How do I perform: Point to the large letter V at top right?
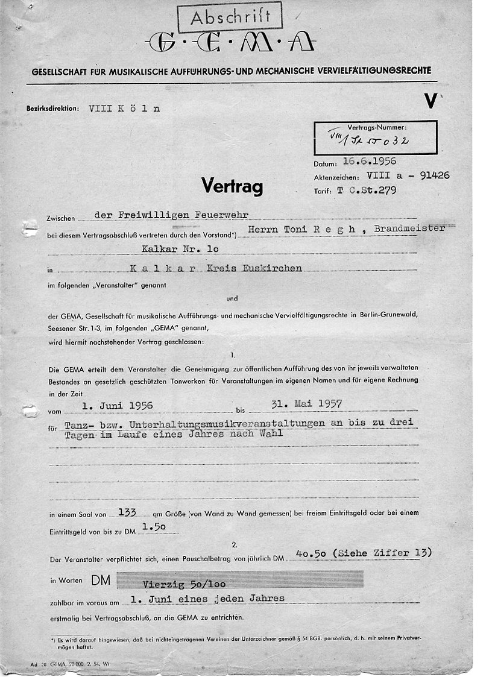430,101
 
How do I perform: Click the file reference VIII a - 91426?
407,176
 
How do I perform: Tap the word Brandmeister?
409,228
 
